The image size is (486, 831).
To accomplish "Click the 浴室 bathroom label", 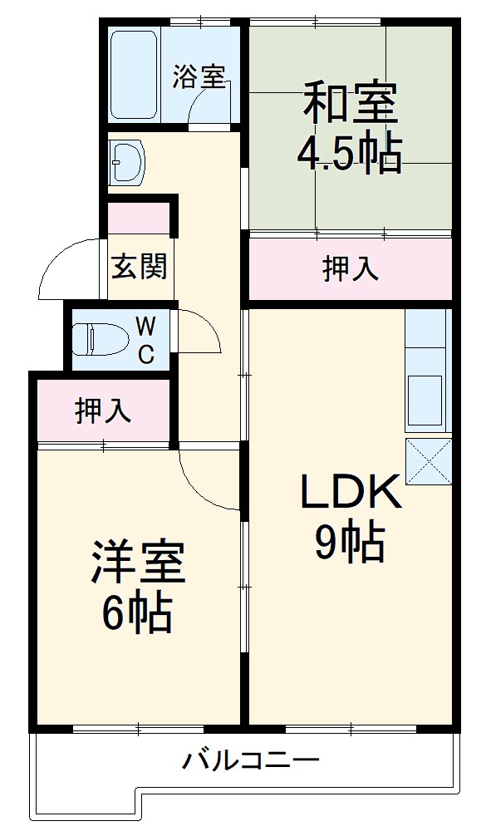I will [199, 76].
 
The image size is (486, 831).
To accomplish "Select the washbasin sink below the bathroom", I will [126, 160].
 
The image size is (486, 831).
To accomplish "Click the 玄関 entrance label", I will [140, 266].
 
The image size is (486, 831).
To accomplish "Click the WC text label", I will [145, 339].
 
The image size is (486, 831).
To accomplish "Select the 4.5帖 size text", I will [350, 154].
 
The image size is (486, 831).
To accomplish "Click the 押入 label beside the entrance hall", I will [103, 411].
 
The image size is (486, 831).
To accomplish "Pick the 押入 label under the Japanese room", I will [350, 268].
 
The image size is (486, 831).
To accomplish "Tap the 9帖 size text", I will [350, 544].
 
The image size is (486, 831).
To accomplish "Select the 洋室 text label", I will [138, 563].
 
